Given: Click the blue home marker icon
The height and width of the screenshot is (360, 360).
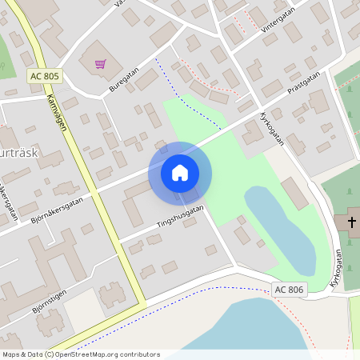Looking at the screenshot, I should tap(180, 173).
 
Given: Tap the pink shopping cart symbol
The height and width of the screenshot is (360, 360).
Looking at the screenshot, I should tap(101, 64).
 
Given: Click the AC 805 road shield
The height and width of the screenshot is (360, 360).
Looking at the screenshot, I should tap(44, 76).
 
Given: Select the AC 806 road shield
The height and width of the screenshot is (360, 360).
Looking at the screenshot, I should tap(289, 289).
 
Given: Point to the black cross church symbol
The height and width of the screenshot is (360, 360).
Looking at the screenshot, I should tap(352, 221).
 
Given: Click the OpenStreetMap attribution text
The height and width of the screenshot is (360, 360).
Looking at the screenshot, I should tap(80, 354).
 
